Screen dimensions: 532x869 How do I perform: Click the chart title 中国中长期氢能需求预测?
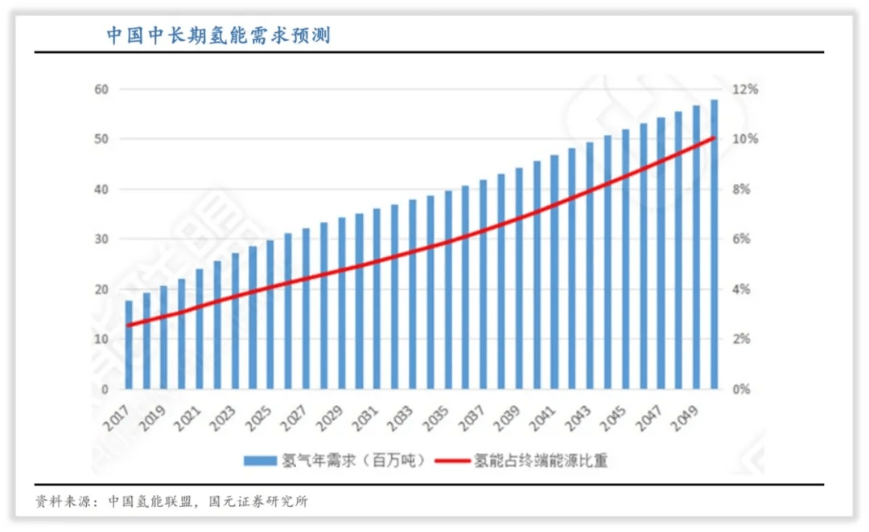(x=218, y=35)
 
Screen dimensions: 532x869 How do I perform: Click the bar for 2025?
(x=270, y=315)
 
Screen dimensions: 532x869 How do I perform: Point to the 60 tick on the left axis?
(x=101, y=89)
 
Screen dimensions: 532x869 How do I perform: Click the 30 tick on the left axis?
(x=101, y=239)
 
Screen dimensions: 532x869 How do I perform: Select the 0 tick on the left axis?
(x=104, y=390)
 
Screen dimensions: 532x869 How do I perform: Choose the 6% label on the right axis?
(x=743, y=239)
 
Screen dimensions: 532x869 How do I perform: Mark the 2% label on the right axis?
(x=743, y=340)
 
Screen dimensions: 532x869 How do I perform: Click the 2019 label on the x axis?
(x=153, y=415)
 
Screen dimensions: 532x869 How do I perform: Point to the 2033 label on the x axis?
(x=401, y=415)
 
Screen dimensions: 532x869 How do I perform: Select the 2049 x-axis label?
(x=684, y=415)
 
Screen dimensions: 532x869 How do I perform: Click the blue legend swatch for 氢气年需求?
(x=259, y=461)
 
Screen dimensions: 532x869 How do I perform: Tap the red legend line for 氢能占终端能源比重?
(x=453, y=461)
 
